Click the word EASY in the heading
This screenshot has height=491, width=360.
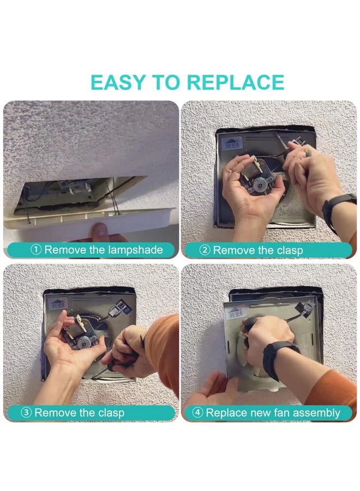coord(117,82)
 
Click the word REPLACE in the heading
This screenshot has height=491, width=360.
coord(236,82)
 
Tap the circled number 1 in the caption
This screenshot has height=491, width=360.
coord(37,249)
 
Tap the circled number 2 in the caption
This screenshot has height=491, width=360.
coord(205,250)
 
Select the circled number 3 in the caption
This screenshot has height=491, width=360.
coord(26,412)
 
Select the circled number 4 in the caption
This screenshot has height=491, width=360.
coord(197,412)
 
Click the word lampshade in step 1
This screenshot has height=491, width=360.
coord(135,250)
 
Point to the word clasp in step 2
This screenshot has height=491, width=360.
coord(289,251)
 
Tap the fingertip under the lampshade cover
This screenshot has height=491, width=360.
coord(101,230)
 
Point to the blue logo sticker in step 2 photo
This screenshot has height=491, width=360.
coord(232,143)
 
